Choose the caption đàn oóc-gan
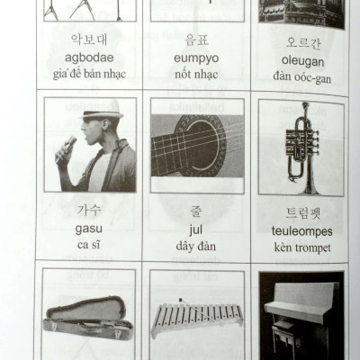click(x=301, y=77)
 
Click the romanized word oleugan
click(x=301, y=61)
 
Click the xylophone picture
click(x=194, y=316)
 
